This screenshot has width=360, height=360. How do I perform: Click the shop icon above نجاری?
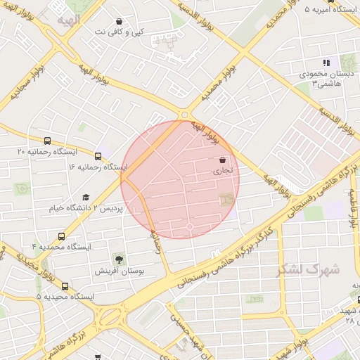click(223, 160)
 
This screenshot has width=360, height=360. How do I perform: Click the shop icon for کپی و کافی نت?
click(119, 22)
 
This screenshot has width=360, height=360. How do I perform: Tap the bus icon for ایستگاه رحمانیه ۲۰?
click(47, 141)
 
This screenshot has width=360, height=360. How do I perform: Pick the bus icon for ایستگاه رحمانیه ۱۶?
click(97, 156)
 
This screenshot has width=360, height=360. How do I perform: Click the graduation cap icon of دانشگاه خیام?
click(86, 198)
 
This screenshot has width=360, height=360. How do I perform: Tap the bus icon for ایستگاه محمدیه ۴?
click(62, 237)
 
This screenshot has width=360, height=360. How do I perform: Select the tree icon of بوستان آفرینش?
click(117, 259)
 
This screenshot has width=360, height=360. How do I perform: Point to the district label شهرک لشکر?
click(309, 269)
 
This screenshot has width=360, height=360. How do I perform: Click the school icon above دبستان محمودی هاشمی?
click(325, 63)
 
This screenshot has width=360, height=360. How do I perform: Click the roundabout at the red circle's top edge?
click(185, 115)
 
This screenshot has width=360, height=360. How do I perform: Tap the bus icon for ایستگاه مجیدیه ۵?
click(65, 286)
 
